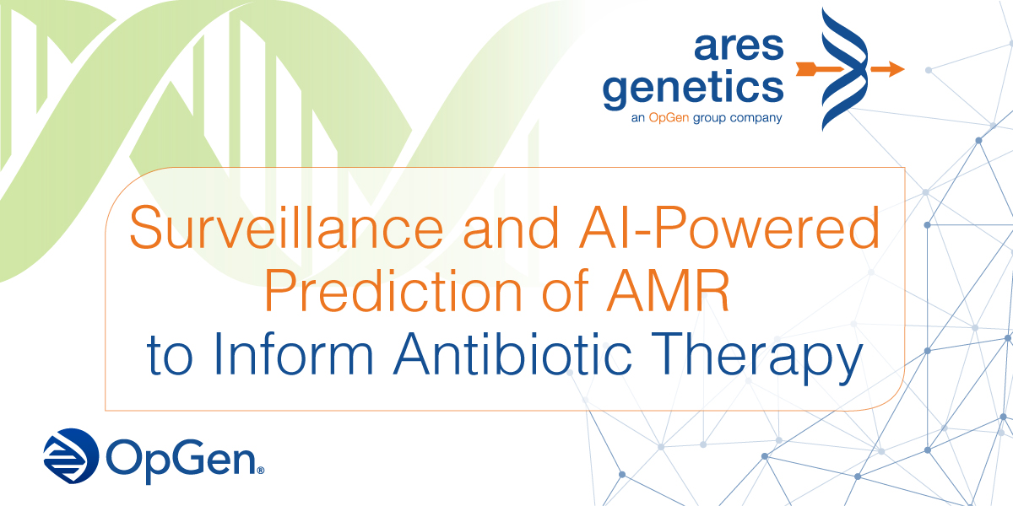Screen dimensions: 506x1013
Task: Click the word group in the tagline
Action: pyautogui.click(x=708, y=118)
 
